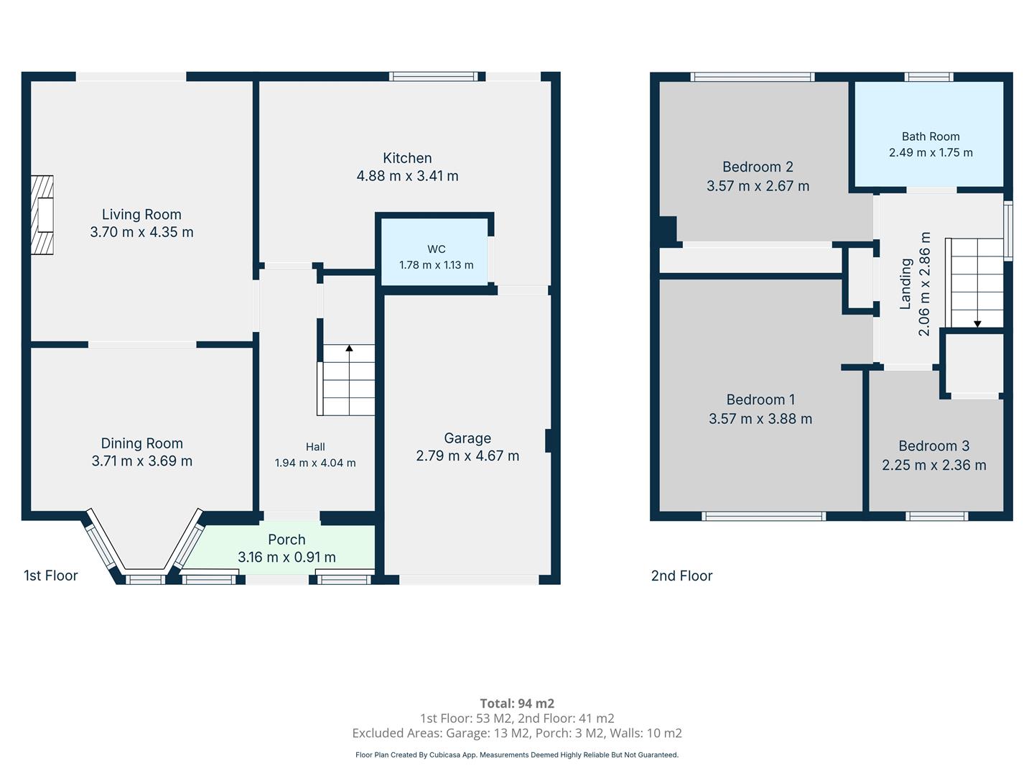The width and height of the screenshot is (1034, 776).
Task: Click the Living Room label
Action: coord(141,214)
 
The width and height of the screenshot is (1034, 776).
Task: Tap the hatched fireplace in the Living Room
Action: coord(42,215)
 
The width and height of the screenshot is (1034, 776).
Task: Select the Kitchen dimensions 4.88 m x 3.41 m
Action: coord(407,176)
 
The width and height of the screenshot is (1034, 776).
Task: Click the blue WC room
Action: coord(434,251)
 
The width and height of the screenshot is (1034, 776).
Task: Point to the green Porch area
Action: coord(283,548)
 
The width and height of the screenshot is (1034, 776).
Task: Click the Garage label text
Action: coord(467,438)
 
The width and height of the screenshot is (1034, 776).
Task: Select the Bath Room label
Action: coord(931,137)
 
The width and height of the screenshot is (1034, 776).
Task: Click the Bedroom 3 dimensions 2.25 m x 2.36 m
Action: coord(933,466)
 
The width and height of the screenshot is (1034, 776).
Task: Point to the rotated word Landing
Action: coord(905,284)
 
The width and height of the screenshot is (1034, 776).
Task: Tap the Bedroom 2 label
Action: coord(758,167)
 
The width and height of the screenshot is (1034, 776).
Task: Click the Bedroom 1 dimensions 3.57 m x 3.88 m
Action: coord(760,419)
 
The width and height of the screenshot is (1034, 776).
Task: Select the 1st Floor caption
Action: coord(50,576)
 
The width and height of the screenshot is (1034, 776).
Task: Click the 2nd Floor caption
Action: coord(681,576)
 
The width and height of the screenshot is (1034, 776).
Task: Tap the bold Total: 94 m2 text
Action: coord(517,703)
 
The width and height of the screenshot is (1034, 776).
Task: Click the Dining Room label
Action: coord(141,443)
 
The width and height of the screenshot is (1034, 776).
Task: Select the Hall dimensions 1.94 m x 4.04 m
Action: coord(315,463)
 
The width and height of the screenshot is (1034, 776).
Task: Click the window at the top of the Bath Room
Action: coord(928,77)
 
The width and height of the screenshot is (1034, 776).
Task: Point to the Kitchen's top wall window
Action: coord(434,77)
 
